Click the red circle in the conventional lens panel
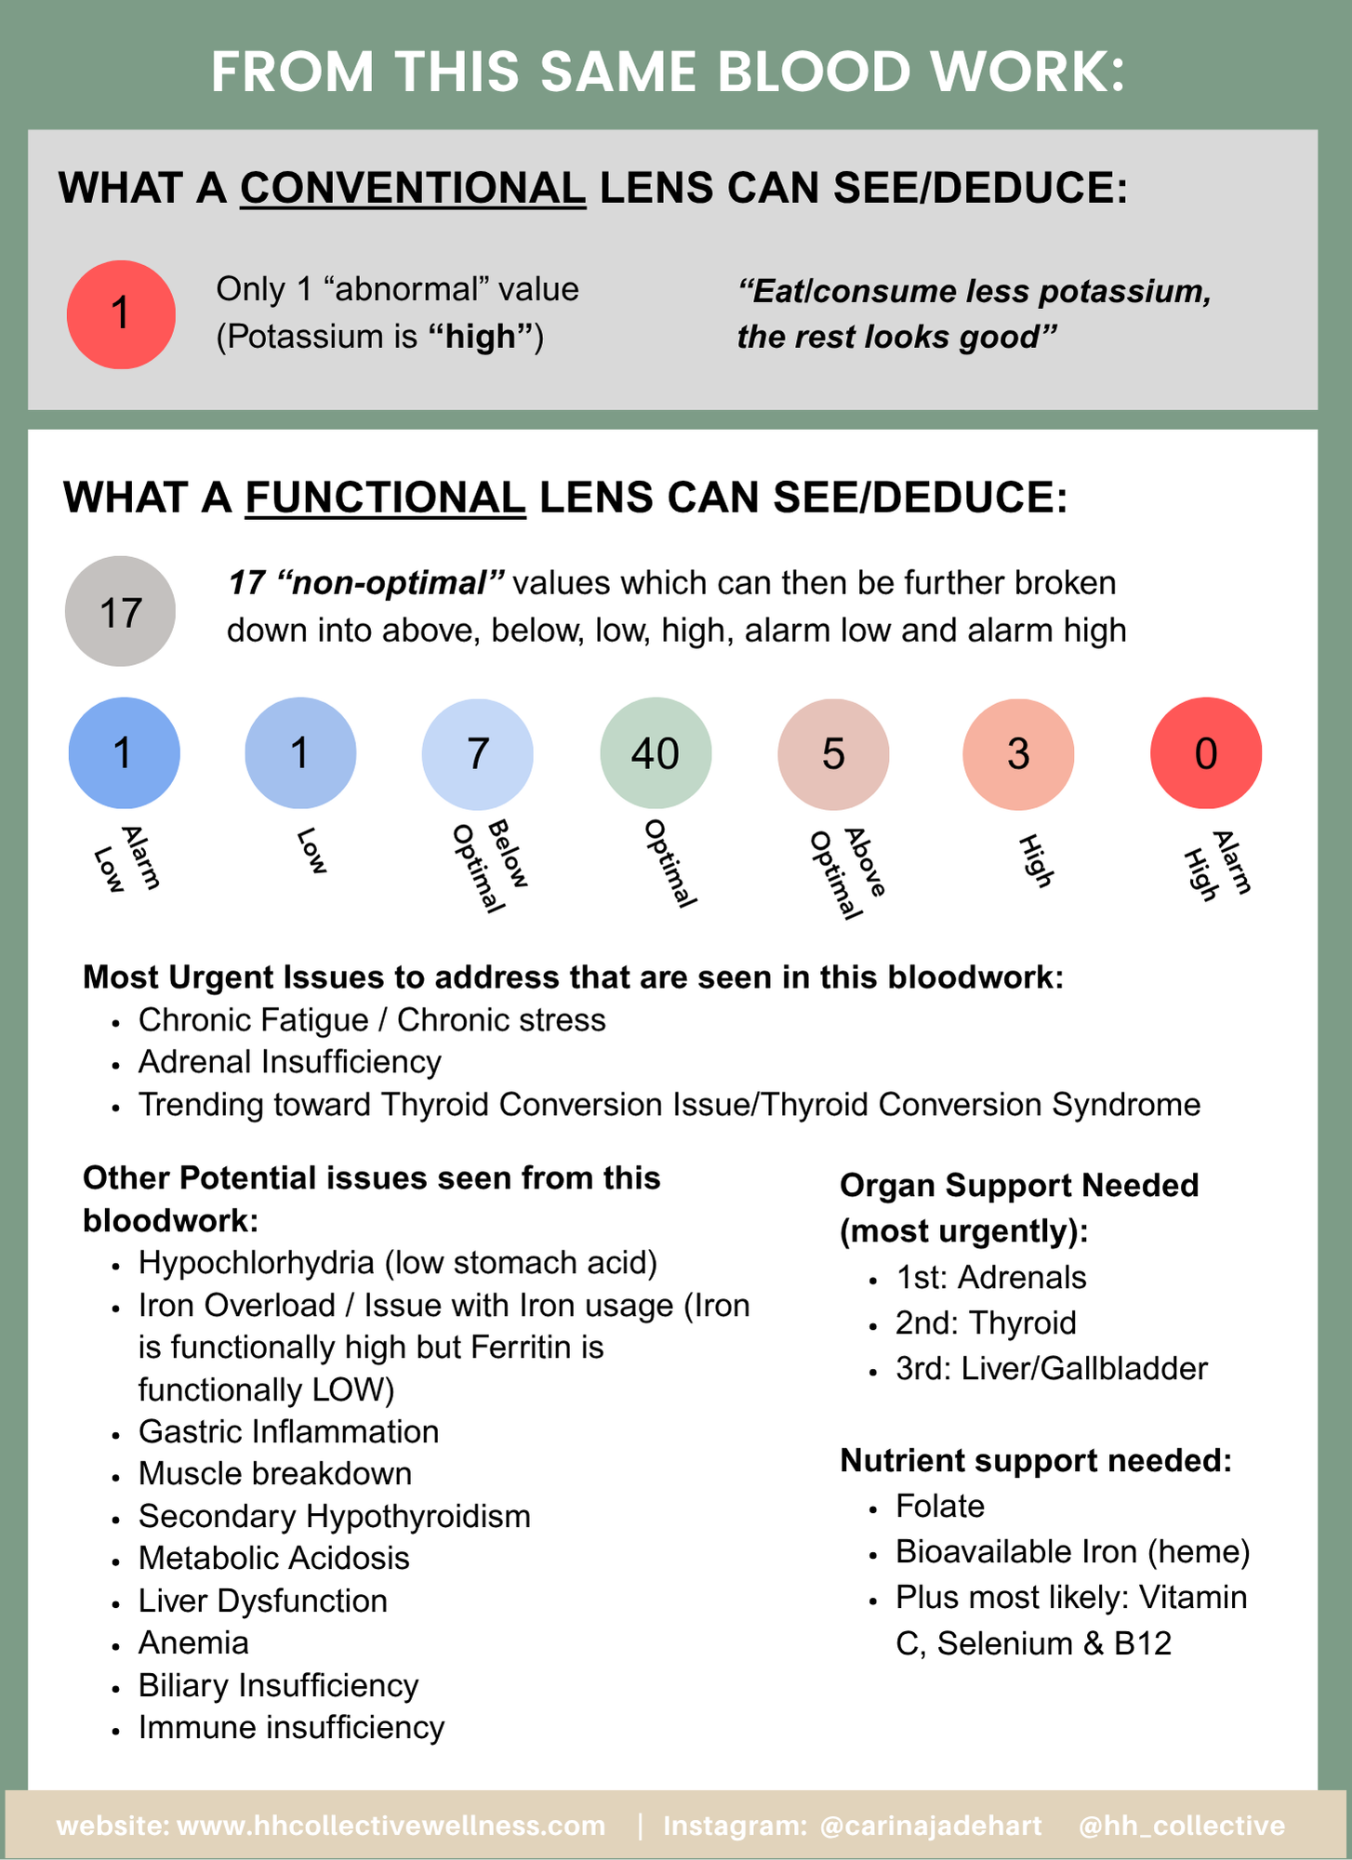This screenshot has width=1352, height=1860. pyautogui.click(x=121, y=314)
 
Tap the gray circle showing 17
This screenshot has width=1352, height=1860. pyautogui.click(x=120, y=611)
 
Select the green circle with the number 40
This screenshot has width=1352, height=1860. pyautogui.click(x=656, y=752)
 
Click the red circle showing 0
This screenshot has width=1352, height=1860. pyautogui.click(x=1206, y=752)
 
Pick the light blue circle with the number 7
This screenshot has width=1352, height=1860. pyautogui.click(x=478, y=752)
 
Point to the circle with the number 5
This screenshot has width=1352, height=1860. pyautogui.click(x=833, y=752)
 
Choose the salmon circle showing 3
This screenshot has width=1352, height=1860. pyautogui.click(x=1018, y=752)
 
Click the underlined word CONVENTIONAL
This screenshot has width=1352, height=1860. pyautogui.click(x=413, y=189)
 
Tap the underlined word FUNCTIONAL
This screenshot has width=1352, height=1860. pyautogui.click(x=386, y=498)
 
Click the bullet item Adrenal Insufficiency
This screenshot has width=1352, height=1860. pyautogui.click(x=289, y=1062)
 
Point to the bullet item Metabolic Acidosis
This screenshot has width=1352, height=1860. pyautogui.click(x=273, y=1558)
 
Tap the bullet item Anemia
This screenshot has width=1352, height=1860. pyautogui.click(x=193, y=1642)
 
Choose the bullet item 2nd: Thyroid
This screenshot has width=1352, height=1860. pyautogui.click(x=986, y=1322)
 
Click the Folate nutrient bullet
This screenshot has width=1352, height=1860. pyautogui.click(x=940, y=1506)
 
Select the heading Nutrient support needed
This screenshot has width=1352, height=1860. pyautogui.click(x=1036, y=1461)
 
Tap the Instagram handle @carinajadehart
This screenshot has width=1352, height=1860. pyautogui.click(x=931, y=1826)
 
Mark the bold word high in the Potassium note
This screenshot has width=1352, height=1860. pyautogui.click(x=481, y=337)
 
